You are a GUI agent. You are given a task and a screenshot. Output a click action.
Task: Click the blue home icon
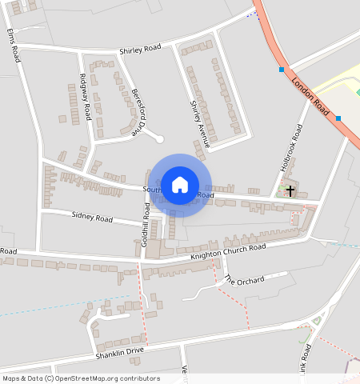tap(180, 185)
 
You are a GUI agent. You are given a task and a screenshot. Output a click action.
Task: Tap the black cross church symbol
tap(290, 190)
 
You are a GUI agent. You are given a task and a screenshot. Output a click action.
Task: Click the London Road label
tap(310, 94)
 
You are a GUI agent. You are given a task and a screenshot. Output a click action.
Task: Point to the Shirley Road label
tap(140, 50)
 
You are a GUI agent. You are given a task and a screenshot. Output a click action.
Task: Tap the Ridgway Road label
tap(85, 98)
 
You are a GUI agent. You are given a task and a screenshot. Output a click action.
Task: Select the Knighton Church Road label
tap(228, 252)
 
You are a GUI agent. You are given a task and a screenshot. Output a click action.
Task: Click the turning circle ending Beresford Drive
tap(160, 140)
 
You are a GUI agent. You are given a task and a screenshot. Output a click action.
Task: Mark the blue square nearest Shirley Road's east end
tap(282, 70)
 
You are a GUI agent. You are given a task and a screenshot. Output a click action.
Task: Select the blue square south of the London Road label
tap(339, 118)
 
